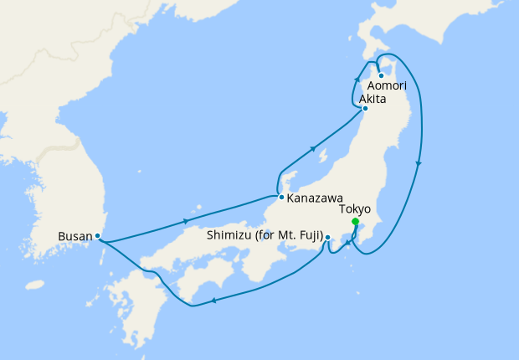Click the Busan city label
pos(75,236)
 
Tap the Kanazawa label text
pos(312,199)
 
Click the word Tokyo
pos(355,210)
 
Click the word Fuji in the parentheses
pos(305,237)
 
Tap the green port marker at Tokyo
pos(355,222)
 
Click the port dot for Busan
pos(98,236)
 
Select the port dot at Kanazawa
pos(281,198)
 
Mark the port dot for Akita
pos(365,108)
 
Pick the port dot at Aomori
pos(381,75)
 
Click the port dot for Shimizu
pos(327,237)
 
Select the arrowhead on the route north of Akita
pos(358,80)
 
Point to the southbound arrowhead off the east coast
pos(418,162)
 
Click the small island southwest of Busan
pos(34,285)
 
